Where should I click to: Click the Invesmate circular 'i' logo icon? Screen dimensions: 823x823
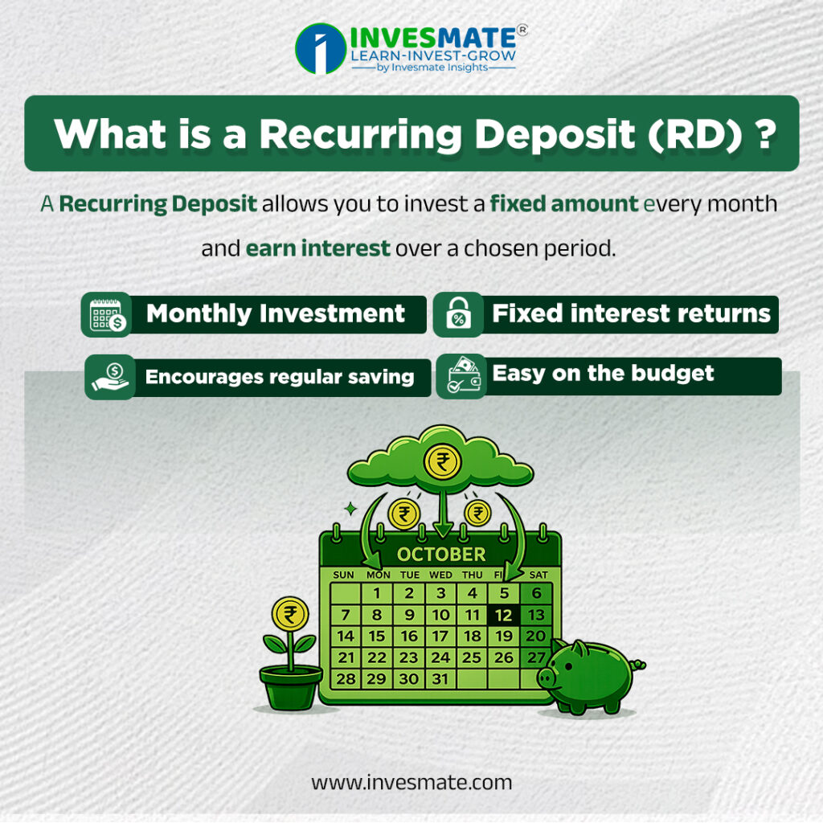[x=321, y=48]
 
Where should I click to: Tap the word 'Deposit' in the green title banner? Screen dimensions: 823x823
[x=555, y=135]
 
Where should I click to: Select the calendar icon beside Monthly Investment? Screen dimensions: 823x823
[x=107, y=314]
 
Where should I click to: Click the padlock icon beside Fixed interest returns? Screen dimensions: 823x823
[x=458, y=314]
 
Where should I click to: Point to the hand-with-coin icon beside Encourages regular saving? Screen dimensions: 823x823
[x=110, y=377]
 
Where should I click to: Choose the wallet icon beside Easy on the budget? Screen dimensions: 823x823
[x=462, y=376]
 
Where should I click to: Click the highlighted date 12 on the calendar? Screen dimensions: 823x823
[x=503, y=615]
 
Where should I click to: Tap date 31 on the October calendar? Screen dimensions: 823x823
[x=440, y=678]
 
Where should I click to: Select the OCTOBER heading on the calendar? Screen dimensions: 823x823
[x=441, y=555]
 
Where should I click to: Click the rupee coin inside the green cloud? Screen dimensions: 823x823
[x=443, y=462]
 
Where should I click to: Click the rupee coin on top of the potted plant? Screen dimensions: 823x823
[x=289, y=613]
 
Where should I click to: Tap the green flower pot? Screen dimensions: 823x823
[x=291, y=686]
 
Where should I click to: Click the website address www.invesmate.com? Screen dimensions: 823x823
[x=411, y=782]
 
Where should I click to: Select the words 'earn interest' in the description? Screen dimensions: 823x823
[x=317, y=248]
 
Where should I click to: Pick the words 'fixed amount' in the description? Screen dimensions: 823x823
[x=564, y=203]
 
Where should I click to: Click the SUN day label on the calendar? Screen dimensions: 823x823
[x=343, y=575]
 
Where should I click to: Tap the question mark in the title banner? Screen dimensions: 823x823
[x=767, y=134]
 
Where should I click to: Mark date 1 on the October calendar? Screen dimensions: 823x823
[x=376, y=593]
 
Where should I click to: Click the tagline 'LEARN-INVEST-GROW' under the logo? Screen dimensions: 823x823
[x=433, y=55]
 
